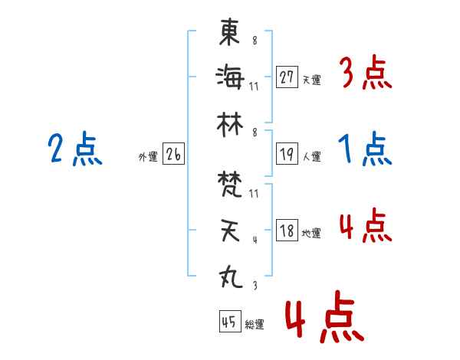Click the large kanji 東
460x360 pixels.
229,32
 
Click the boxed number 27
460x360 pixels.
287,77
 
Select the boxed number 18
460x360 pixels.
287,231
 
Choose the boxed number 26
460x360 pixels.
173,155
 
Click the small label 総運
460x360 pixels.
254,325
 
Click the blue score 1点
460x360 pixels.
366,149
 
